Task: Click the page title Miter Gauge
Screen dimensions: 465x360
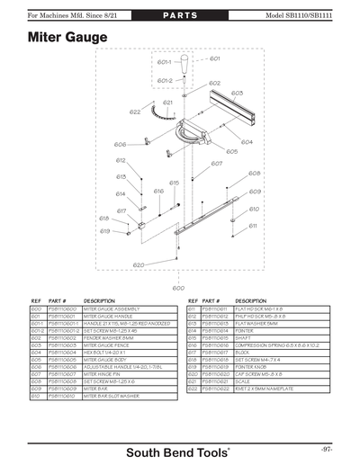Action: (x=67, y=38)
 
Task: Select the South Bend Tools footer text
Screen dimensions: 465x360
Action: (x=178, y=450)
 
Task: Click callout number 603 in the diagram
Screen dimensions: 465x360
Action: (x=236, y=93)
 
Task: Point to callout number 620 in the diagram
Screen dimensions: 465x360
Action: (x=139, y=265)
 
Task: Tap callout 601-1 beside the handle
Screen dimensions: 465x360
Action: (x=164, y=63)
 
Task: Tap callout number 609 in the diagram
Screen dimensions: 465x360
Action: (x=255, y=192)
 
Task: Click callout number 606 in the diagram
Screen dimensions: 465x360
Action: (x=120, y=145)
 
